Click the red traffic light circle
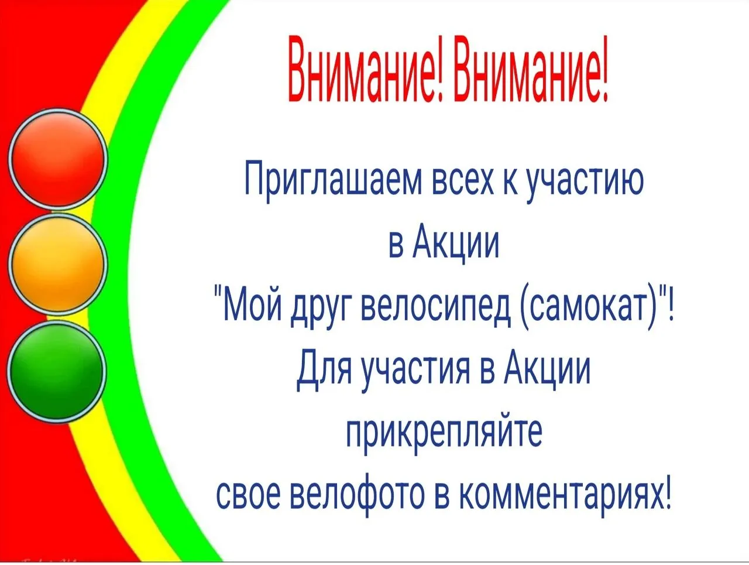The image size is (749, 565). coord(57,158)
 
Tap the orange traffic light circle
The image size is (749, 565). coord(57,263)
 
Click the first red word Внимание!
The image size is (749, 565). coord(367,69)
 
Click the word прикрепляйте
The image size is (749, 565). coord(444,435)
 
